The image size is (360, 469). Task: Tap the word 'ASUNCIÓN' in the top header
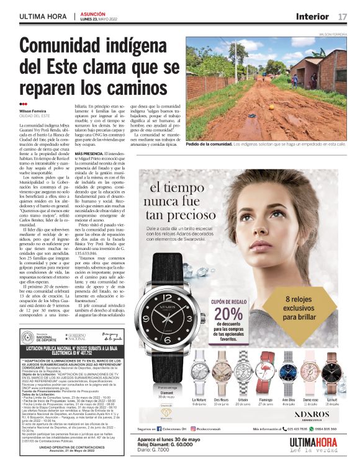(x=94, y=13)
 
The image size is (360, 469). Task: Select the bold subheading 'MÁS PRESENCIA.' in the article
(x=89, y=153)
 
